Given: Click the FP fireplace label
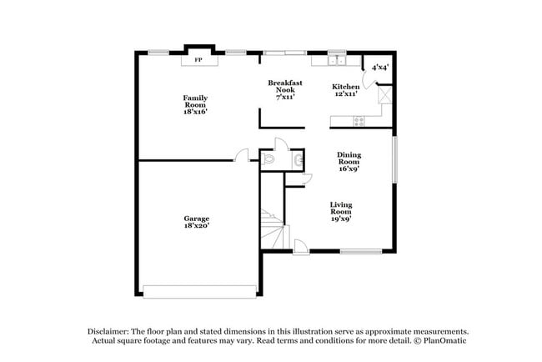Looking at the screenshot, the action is (198, 60).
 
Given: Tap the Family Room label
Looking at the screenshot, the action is (195, 105).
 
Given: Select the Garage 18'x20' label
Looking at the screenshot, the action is (197, 222).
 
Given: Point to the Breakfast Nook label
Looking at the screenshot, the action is (285, 89).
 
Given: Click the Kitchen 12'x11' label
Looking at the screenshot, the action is (346, 90).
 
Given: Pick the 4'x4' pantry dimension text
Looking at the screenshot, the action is (380, 67).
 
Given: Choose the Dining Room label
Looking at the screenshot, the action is (349, 162).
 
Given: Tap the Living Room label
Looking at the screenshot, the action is (341, 212).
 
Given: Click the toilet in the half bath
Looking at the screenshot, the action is (268, 159).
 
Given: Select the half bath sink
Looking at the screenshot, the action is (299, 160).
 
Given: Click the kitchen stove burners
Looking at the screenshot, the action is (359, 121).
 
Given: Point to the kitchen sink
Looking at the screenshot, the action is (337, 61).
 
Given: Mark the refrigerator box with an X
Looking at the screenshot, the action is (384, 94).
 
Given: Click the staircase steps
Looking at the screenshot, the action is (273, 229).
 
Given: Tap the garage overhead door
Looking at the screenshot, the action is (200, 292).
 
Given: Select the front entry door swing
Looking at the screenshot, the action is (301, 247).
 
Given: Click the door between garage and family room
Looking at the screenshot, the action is (241, 155).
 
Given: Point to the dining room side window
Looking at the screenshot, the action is (394, 159).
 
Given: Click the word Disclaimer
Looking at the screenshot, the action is (108, 331).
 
